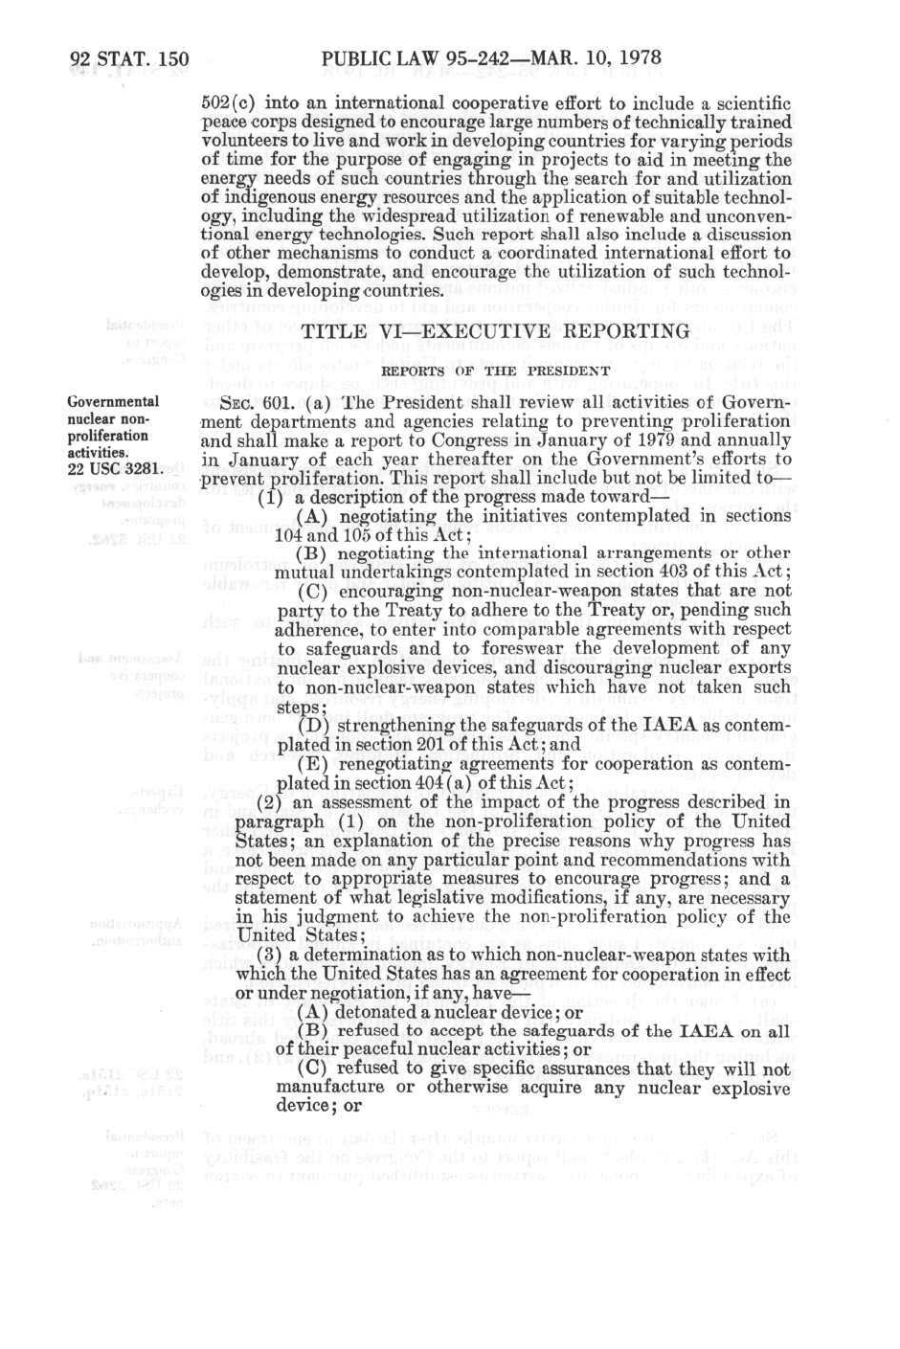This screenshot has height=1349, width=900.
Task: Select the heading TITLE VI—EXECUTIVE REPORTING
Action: coord(495,331)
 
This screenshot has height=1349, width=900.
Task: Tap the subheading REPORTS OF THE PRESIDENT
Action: coord(495,371)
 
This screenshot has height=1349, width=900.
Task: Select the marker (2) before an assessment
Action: coord(270,802)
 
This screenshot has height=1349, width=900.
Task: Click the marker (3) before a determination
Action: coord(270,955)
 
